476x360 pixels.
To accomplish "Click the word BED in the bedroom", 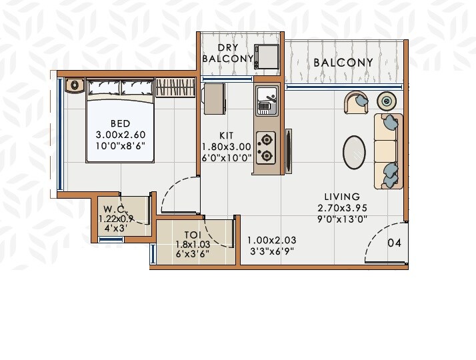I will coord(120,123).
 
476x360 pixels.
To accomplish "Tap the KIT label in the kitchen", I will coord(226,135).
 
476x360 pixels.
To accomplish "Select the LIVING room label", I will coord(342,197).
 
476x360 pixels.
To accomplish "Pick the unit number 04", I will coord(394,243).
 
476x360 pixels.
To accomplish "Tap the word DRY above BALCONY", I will coord(229,47).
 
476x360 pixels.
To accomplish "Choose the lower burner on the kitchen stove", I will coord(267,157).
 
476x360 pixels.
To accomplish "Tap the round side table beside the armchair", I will coord(387,101).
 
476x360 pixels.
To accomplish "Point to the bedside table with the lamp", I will coord(74,85).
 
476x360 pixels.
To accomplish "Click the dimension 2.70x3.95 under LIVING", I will coord(342,207).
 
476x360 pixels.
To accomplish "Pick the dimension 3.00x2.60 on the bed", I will coord(120,134).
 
